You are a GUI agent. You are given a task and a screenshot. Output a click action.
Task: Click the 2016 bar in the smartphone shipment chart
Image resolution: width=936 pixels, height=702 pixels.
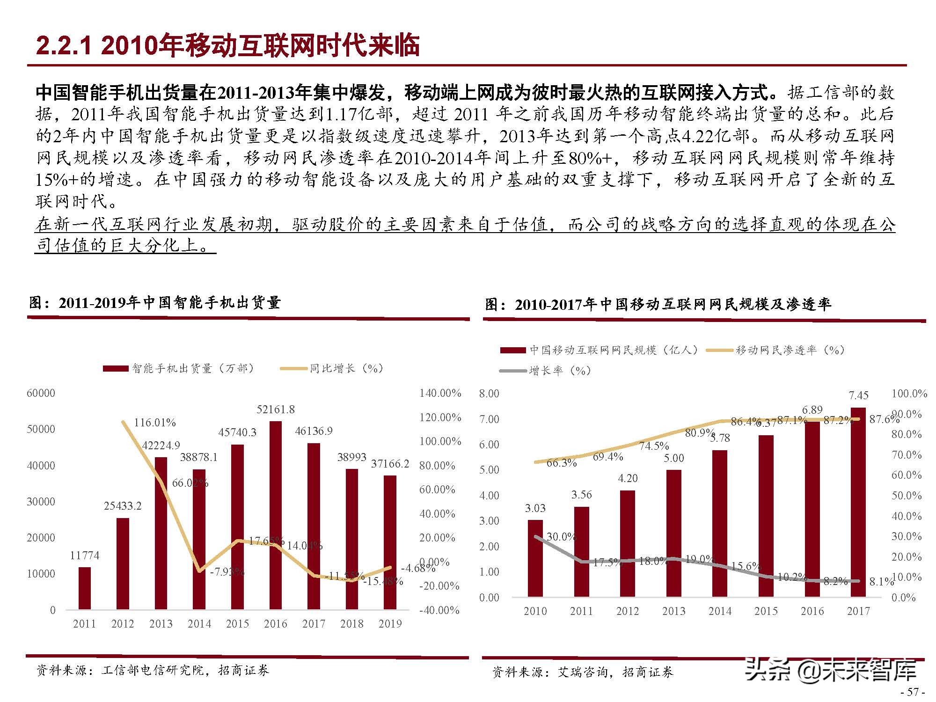[x=276, y=515]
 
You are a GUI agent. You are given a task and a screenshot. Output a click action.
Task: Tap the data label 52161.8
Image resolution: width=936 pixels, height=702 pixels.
[x=276, y=409]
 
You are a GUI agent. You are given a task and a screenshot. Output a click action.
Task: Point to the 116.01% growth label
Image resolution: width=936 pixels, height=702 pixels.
[x=155, y=423]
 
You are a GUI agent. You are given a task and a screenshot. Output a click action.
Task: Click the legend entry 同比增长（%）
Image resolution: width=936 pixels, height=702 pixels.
[x=332, y=369]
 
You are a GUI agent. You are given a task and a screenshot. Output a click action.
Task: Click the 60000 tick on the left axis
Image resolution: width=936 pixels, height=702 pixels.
[x=41, y=393]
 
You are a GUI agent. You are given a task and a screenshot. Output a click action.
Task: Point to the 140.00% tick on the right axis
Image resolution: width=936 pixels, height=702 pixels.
[x=440, y=393]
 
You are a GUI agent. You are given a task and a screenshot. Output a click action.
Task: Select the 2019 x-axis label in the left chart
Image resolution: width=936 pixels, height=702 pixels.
[x=390, y=624]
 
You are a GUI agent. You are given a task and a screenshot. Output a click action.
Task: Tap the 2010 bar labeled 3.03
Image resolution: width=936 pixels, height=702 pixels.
[x=535, y=558]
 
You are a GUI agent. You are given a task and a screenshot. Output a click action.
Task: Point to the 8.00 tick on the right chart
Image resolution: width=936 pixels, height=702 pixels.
[x=489, y=394]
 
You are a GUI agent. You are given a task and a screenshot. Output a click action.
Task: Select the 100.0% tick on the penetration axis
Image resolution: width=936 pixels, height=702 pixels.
[x=909, y=394]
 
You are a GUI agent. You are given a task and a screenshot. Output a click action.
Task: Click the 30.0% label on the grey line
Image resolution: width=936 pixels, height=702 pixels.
[x=561, y=537]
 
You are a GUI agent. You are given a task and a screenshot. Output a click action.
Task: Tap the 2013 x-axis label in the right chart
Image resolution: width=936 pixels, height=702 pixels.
[x=673, y=611]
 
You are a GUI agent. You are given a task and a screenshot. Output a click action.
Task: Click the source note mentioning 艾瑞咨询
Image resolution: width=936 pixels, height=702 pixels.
[x=583, y=673]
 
